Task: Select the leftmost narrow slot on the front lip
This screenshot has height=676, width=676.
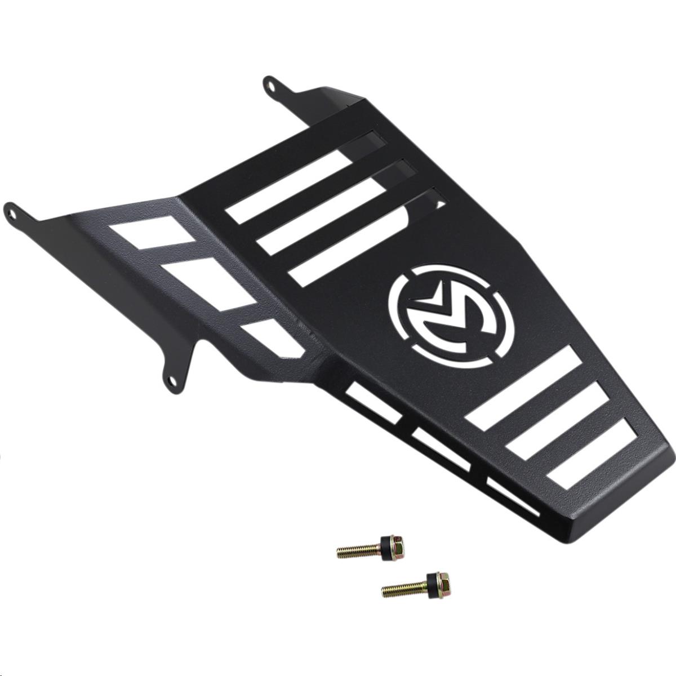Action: (375, 401)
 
